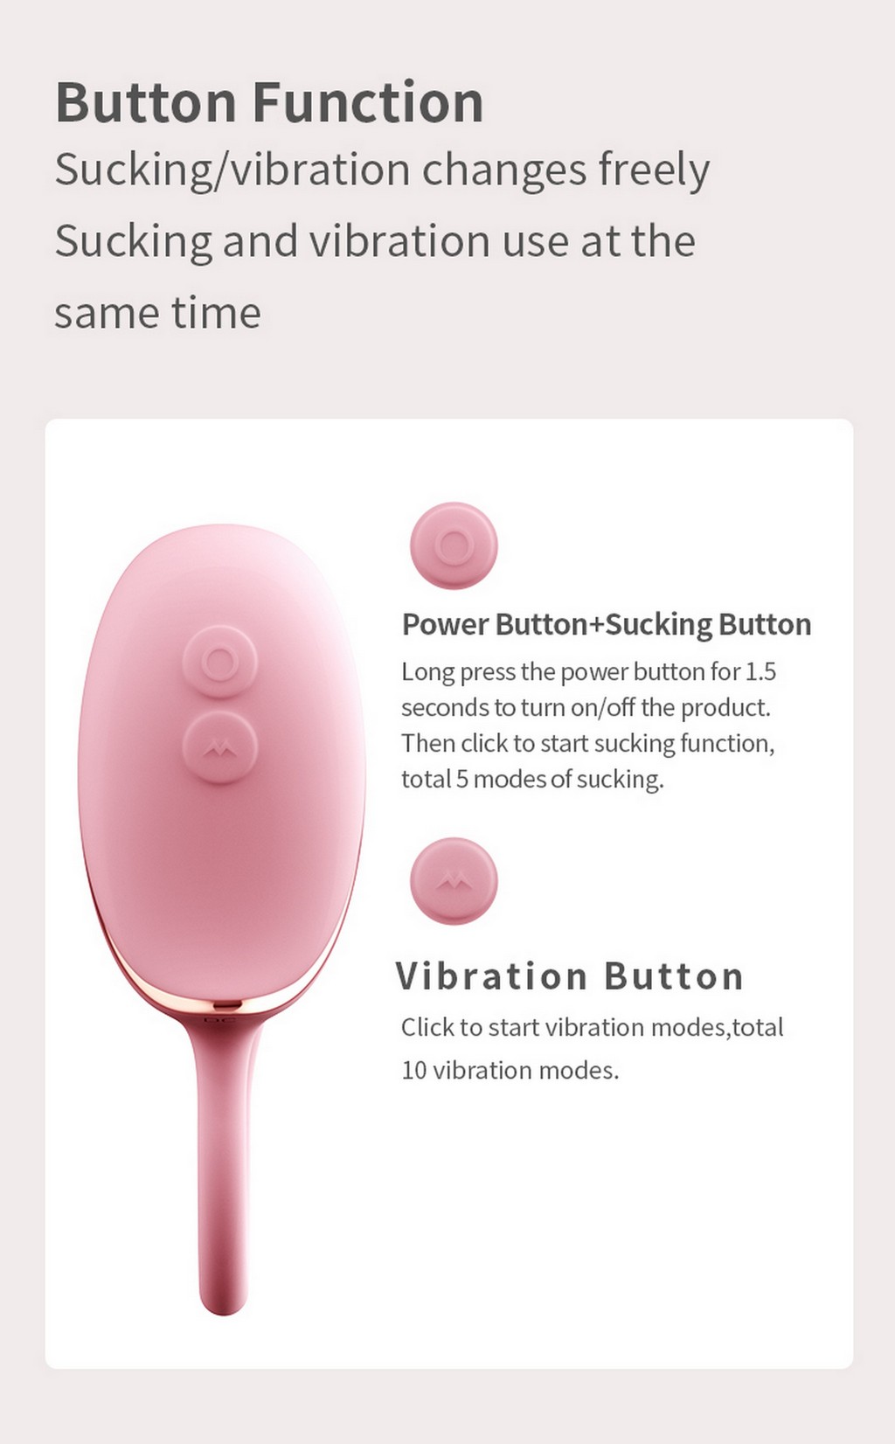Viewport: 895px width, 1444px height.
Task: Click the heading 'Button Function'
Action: pyautogui.click(x=269, y=102)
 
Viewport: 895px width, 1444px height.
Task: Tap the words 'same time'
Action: pyautogui.click(x=158, y=313)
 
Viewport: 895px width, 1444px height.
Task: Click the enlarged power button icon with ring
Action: pyautogui.click(x=454, y=545)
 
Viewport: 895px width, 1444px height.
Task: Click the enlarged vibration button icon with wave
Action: pyautogui.click(x=454, y=880)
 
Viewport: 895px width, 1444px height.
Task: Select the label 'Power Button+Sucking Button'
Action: pyautogui.click(x=607, y=625)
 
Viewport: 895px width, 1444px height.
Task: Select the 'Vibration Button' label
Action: pyautogui.click(x=569, y=976)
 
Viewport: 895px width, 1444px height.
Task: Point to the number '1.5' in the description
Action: pyautogui.click(x=761, y=672)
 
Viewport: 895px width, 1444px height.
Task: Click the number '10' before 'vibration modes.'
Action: pyautogui.click(x=414, y=1071)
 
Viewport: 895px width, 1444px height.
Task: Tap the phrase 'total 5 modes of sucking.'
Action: pyautogui.click(x=532, y=780)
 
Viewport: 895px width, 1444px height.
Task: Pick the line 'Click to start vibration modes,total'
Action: pyautogui.click(x=592, y=1028)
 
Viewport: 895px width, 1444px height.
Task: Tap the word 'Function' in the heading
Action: pyautogui.click(x=367, y=102)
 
